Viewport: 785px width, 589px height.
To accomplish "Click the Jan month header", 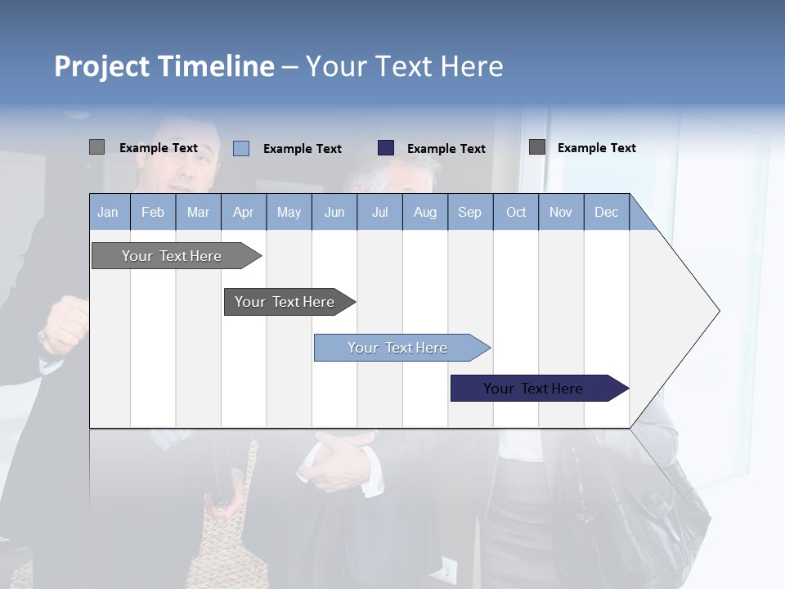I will click(x=109, y=212).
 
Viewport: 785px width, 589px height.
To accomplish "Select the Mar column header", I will click(x=198, y=212).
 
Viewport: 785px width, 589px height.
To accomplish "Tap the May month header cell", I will click(x=289, y=212).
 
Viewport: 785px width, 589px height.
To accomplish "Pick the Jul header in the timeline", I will click(x=379, y=212).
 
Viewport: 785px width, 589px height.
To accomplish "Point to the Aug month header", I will click(x=424, y=212).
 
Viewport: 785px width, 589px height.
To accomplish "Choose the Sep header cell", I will click(x=470, y=212).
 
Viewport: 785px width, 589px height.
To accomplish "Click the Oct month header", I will click(x=516, y=212).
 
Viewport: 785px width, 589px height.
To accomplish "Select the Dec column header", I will click(x=606, y=212).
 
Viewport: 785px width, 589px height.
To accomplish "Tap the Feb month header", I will click(x=153, y=212).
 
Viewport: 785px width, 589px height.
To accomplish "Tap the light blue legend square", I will click(x=241, y=148).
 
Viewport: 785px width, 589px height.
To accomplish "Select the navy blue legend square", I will click(x=386, y=148).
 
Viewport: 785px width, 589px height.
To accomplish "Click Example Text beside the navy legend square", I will click(x=446, y=149).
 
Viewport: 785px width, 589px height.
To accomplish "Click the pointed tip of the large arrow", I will click(x=717, y=311).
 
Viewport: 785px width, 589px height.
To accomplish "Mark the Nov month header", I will click(x=561, y=212).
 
